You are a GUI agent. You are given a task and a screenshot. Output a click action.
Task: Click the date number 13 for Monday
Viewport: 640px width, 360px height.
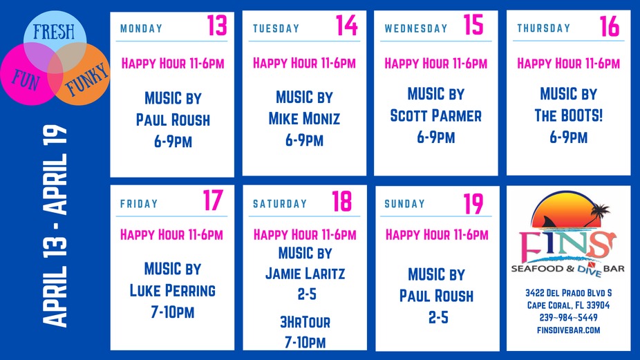(x=216, y=26)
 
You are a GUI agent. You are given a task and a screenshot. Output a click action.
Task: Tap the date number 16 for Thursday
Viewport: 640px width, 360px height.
(x=610, y=26)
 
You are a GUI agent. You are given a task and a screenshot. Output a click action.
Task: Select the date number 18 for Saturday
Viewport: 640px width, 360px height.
(x=341, y=202)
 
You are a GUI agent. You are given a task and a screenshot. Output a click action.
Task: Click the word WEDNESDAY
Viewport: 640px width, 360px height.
(x=416, y=28)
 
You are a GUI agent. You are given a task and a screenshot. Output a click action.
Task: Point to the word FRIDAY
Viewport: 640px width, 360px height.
(x=139, y=204)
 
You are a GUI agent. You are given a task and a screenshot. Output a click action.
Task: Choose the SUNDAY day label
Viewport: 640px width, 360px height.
(x=405, y=204)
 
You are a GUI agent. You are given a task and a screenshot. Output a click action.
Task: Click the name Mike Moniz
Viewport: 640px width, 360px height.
(x=304, y=119)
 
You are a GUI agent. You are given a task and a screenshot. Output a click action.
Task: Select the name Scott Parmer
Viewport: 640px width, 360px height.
(x=435, y=115)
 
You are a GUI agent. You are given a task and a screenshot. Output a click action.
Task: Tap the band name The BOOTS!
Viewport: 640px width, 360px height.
(x=568, y=115)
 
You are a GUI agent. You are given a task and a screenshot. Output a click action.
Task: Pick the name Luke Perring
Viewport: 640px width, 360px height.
(x=173, y=290)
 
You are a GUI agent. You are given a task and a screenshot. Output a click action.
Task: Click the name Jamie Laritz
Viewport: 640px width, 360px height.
(x=305, y=274)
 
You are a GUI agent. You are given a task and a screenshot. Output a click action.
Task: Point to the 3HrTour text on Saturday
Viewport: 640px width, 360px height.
(x=305, y=322)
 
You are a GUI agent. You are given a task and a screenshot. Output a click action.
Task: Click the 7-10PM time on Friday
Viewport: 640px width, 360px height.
(x=173, y=312)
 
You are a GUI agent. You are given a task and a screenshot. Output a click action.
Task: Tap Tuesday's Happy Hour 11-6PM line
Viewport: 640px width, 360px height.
(x=304, y=64)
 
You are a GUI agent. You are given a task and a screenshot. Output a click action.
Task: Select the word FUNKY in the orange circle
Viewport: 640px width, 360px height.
(x=86, y=78)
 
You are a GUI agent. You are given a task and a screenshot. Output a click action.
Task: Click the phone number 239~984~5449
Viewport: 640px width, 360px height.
(x=568, y=317)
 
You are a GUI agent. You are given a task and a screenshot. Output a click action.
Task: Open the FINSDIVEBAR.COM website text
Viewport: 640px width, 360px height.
(x=568, y=330)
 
